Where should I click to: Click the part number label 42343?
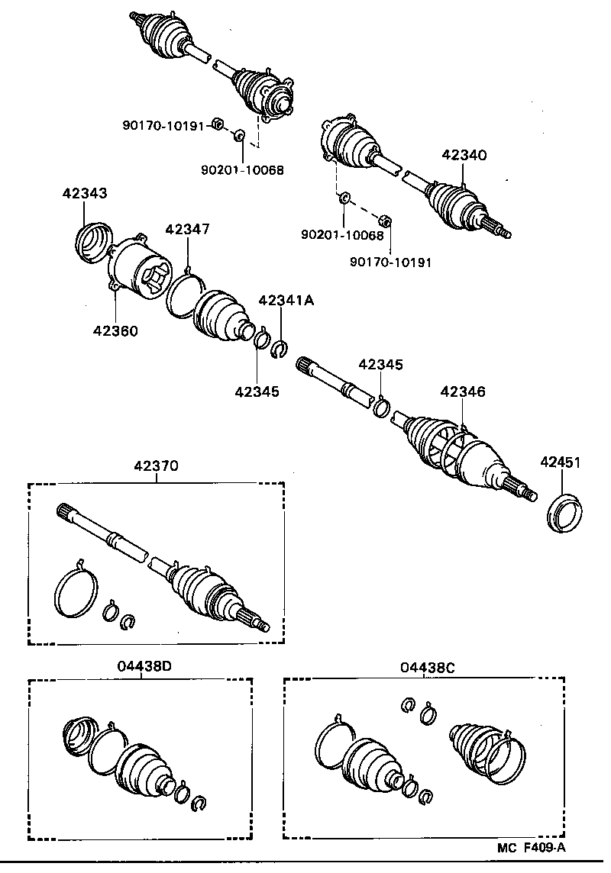(x=84, y=194)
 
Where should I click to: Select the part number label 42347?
(x=187, y=229)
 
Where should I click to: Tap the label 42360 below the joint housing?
(x=115, y=330)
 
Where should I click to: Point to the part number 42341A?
(x=286, y=300)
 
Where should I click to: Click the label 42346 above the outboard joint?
(x=463, y=391)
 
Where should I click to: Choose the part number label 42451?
(x=561, y=462)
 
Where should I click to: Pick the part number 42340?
(x=464, y=155)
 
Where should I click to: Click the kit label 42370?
(x=157, y=465)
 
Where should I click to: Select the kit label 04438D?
(x=144, y=665)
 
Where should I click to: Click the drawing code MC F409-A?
(x=532, y=847)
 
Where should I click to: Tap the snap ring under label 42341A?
(x=280, y=349)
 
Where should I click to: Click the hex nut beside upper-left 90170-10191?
(x=217, y=123)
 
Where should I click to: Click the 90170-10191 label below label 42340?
(x=391, y=263)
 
